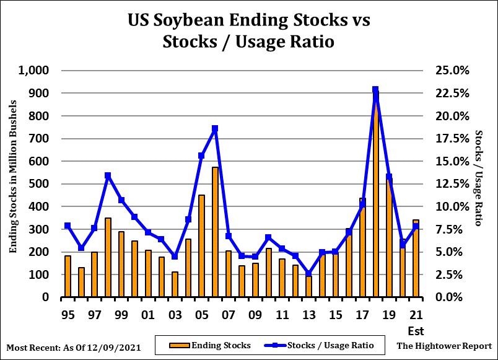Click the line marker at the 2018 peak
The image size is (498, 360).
pos(375,90)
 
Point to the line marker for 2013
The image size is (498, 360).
pos(308,273)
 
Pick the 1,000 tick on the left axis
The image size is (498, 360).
pos(33,71)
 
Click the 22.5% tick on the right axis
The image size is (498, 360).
pos(453,94)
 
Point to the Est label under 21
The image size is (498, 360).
pos(416,330)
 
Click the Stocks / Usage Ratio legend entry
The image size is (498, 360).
pos(331,345)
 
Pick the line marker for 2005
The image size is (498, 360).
pos(201,156)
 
